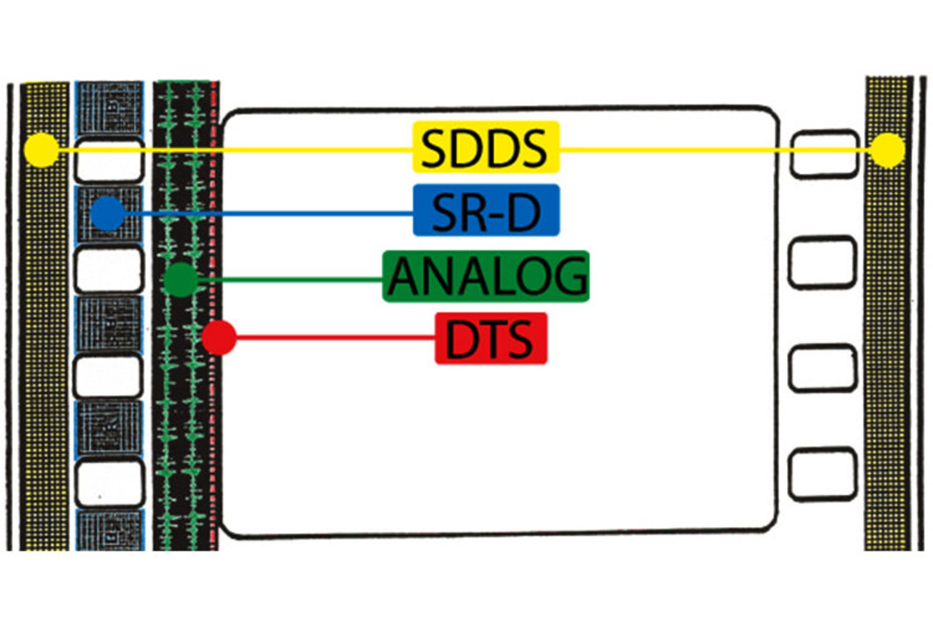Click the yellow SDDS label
coord(486,147)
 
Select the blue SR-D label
coord(486,210)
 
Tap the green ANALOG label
coord(486,276)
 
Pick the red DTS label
coord(491,338)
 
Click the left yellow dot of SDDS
coord(42,150)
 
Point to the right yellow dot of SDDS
coord(888,150)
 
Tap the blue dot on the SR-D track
coord(108,213)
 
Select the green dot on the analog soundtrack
coord(181,280)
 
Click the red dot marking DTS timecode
coord(219,338)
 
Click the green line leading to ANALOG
coord(292,279)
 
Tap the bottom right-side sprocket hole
coord(823,475)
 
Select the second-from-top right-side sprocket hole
coord(822,262)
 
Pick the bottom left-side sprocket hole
coord(110,483)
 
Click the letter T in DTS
coord(491,339)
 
